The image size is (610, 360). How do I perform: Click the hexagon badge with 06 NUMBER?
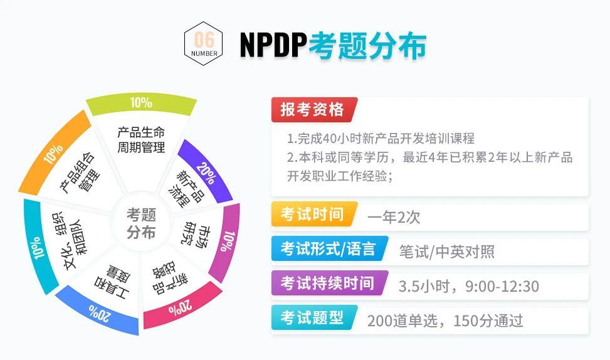(x=203, y=44)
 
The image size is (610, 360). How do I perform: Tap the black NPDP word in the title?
(x=273, y=45)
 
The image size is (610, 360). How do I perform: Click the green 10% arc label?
(x=141, y=103)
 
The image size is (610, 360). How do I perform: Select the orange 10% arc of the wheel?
(x=55, y=152)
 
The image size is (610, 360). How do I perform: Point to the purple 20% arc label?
(x=206, y=171)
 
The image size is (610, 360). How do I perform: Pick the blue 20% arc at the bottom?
(x=97, y=310)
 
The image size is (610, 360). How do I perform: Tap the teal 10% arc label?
(x=38, y=247)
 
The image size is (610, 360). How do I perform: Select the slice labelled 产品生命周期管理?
(x=141, y=140)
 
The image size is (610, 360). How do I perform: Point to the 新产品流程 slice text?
(x=186, y=189)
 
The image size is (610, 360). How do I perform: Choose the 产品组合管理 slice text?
(x=80, y=172)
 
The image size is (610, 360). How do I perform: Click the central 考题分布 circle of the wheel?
(x=141, y=223)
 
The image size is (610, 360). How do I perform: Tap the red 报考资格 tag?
(x=313, y=109)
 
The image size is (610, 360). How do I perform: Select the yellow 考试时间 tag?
(x=313, y=214)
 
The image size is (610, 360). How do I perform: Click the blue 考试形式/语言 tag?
(x=329, y=248)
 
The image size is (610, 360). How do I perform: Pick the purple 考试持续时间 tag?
(x=329, y=283)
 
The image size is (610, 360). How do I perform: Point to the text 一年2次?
(x=394, y=217)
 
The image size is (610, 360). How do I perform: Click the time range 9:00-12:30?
(x=502, y=287)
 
